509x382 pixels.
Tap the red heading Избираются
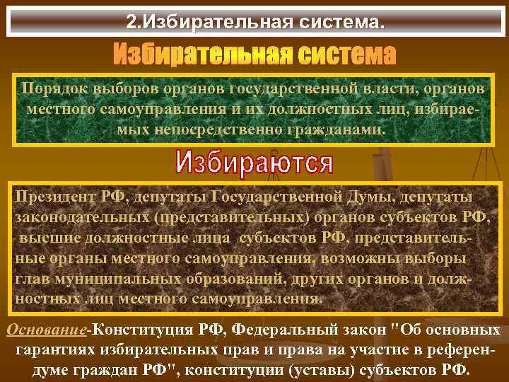[x=254, y=163]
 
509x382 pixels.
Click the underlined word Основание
[x=46, y=330]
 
